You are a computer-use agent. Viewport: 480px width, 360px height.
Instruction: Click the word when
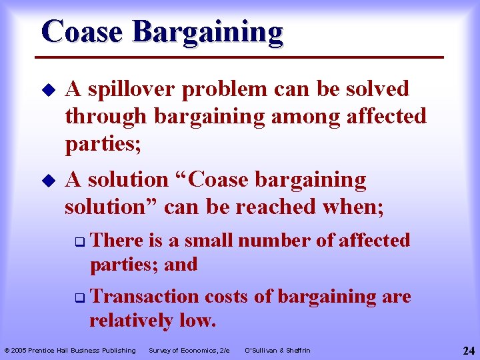tap(355, 207)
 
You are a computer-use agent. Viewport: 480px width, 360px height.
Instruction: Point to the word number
tap(277, 240)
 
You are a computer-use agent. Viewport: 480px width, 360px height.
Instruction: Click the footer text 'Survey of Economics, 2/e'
tap(189, 351)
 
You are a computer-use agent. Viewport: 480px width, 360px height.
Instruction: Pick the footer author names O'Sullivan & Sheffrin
tap(277, 351)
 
